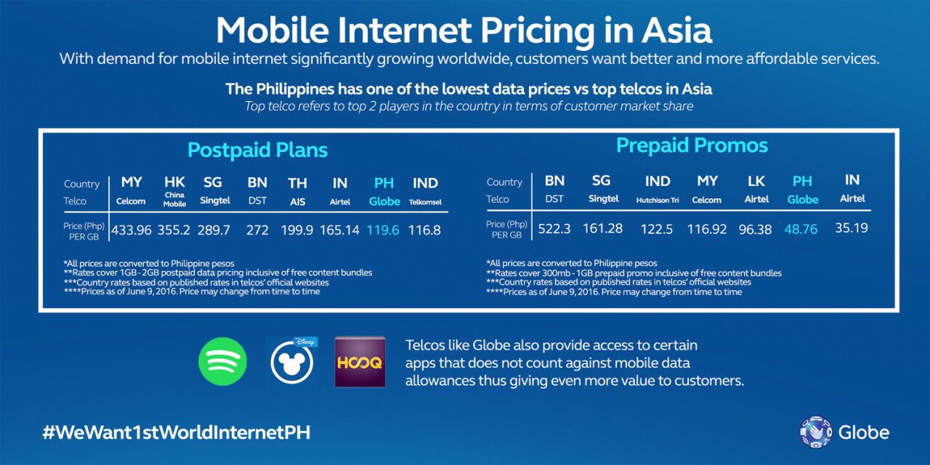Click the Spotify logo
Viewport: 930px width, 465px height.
pyautogui.click(x=222, y=361)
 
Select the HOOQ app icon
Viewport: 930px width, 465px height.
pyautogui.click(x=359, y=361)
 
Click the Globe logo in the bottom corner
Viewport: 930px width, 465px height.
pyautogui.click(x=844, y=432)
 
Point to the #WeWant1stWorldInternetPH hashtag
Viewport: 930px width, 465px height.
pyautogui.click(x=177, y=432)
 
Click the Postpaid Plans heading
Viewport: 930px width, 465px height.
pyautogui.click(x=257, y=150)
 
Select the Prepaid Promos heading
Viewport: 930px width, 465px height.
pyautogui.click(x=692, y=145)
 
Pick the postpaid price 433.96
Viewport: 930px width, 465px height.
pyautogui.click(x=132, y=230)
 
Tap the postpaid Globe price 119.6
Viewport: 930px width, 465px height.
pyautogui.click(x=383, y=230)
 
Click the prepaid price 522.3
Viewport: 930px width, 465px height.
pyautogui.click(x=554, y=229)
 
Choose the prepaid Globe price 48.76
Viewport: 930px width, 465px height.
pyautogui.click(x=801, y=229)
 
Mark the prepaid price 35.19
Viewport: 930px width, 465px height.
pyautogui.click(x=852, y=228)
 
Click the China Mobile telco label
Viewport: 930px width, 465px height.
pyautogui.click(x=174, y=201)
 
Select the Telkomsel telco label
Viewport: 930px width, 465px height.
pyautogui.click(x=425, y=201)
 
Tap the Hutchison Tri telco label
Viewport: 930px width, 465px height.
pyautogui.click(x=658, y=200)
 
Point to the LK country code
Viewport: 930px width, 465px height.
pyautogui.click(x=756, y=181)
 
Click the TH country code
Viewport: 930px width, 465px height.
pyautogui.click(x=297, y=183)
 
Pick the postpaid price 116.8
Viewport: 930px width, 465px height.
pyautogui.click(x=426, y=230)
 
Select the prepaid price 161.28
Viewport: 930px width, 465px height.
pyautogui.click(x=602, y=229)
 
